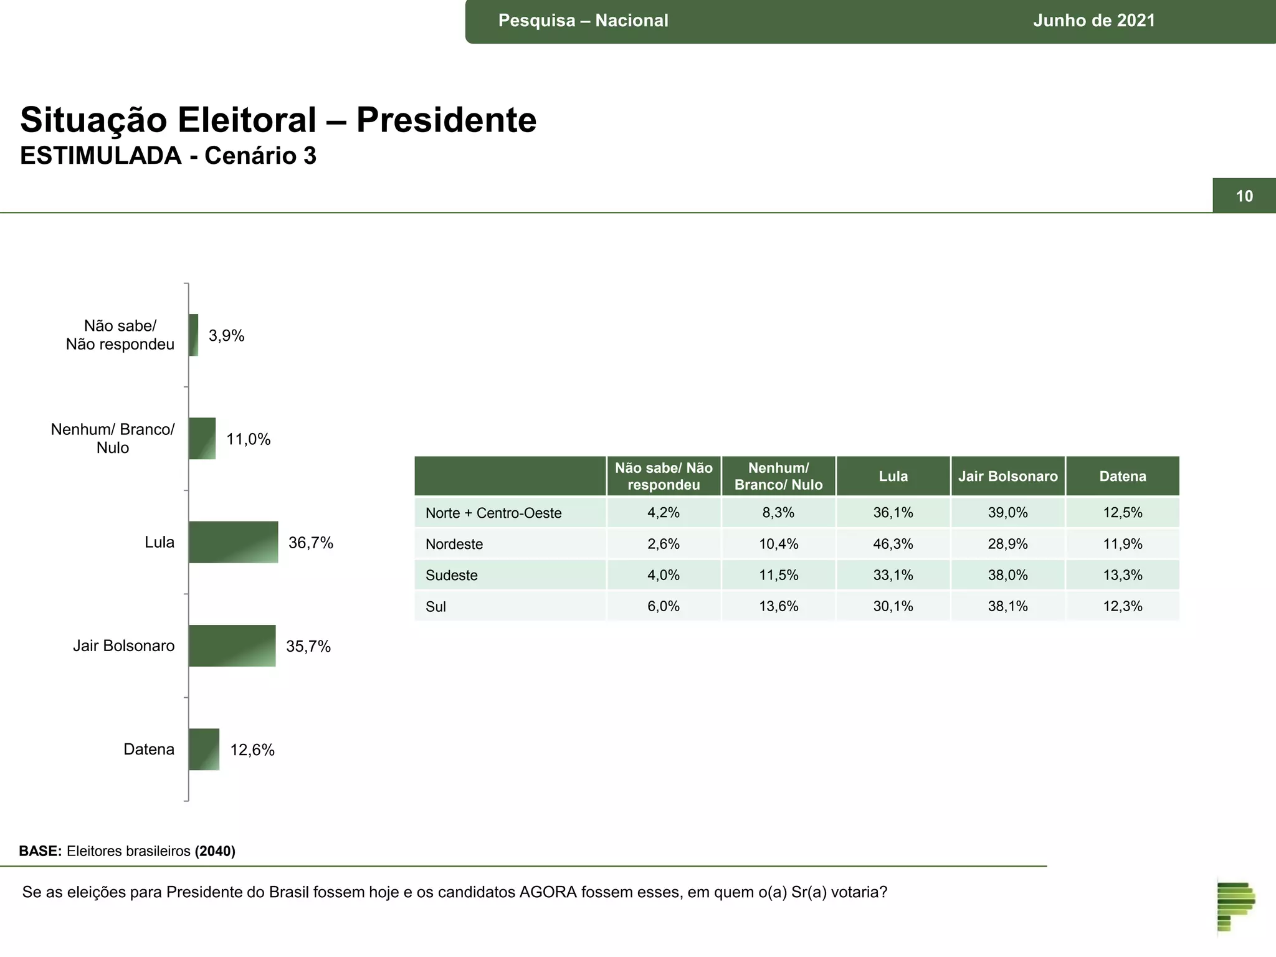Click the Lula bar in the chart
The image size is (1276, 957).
point(233,542)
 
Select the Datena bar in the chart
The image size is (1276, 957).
point(204,749)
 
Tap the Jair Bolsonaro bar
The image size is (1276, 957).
point(232,645)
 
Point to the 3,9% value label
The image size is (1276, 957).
point(226,336)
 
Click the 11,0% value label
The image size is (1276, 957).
point(248,439)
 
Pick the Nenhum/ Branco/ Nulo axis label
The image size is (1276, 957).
point(113,439)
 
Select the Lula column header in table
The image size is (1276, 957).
point(893,477)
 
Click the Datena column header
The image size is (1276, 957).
point(1122,477)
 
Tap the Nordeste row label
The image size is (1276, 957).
point(454,544)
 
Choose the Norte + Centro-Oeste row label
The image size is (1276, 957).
point(493,513)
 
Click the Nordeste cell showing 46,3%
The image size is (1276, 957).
point(893,544)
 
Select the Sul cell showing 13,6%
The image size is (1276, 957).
point(778,606)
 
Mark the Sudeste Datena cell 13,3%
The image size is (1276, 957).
point(1122,575)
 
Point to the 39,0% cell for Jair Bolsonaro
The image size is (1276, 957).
point(1007,513)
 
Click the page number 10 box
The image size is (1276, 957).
point(1244,196)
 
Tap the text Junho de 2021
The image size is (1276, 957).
point(1093,21)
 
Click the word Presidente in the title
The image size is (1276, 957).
point(446,120)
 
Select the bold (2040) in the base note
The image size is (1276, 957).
point(215,851)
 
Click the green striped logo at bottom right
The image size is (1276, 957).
point(1236,907)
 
